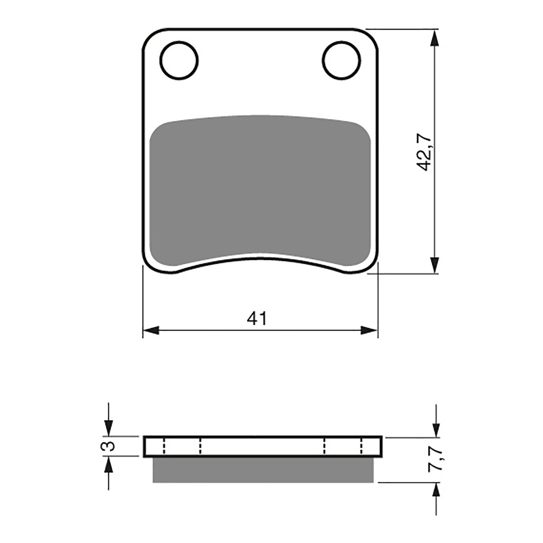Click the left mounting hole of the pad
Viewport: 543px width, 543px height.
(x=179, y=61)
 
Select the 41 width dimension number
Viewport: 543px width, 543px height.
(x=257, y=318)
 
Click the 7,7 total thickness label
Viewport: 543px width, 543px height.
(x=435, y=458)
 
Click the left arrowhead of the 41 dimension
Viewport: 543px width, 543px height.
(x=151, y=330)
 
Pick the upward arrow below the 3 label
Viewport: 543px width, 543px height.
(x=108, y=464)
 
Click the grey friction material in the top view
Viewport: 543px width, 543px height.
(x=260, y=190)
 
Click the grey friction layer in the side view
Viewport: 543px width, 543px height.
(x=263, y=470)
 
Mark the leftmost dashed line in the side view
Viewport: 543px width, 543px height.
(x=164, y=446)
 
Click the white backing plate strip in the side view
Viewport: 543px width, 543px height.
(x=263, y=447)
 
